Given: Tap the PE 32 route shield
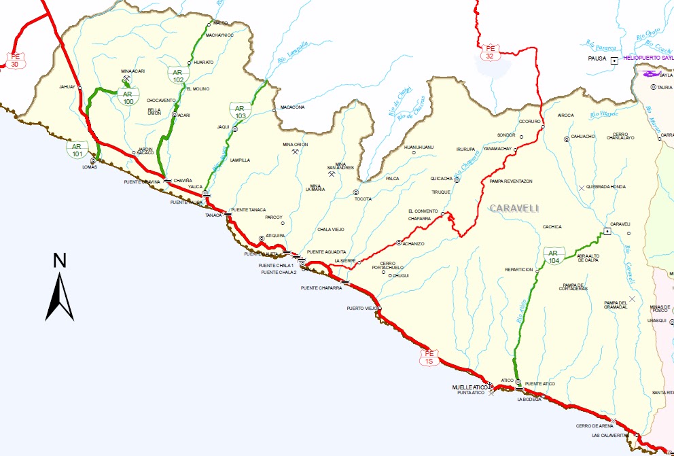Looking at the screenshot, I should [490, 52].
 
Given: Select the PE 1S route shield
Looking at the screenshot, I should [429, 357].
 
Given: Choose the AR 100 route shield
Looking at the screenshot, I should [128, 97].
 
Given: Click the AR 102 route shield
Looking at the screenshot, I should [178, 75].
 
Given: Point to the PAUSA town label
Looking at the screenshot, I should [597, 60].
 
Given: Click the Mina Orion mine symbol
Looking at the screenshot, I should [295, 152].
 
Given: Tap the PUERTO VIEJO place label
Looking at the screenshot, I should [361, 308].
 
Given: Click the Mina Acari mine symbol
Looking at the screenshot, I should [126, 79].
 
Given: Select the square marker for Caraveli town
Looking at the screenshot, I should [607, 231].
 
